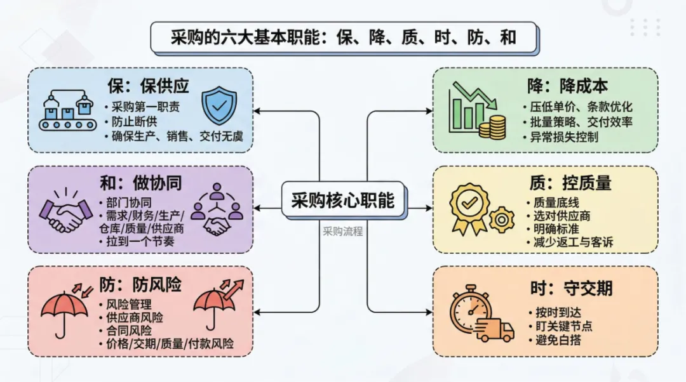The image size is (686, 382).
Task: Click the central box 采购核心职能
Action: click(x=342, y=201)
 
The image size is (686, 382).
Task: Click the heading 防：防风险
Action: click(x=140, y=285)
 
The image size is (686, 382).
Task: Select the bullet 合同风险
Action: click(x=129, y=331)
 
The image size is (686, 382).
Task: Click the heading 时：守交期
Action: click(x=570, y=289)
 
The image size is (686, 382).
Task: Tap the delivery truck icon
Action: click(x=496, y=329)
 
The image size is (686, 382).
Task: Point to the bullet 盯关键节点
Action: click(x=563, y=326)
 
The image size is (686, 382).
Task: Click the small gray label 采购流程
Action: click(x=342, y=231)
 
